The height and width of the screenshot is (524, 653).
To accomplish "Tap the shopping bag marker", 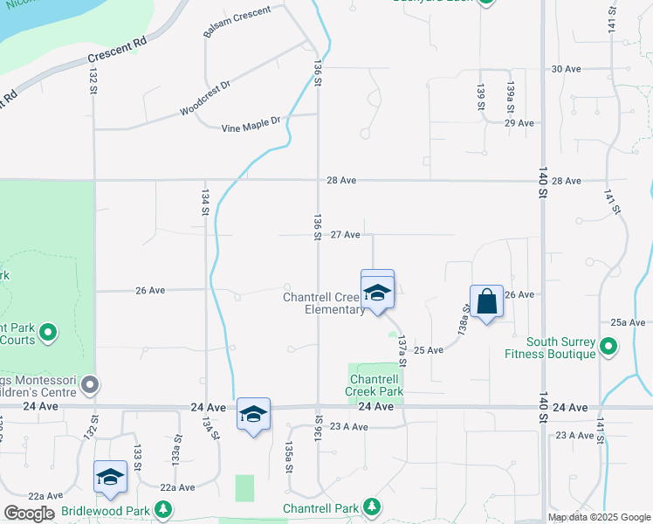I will pyautogui.click(x=486, y=302).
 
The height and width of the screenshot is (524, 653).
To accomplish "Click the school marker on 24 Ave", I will pyautogui.click(x=253, y=415).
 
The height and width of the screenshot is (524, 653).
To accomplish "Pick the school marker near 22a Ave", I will pyautogui.click(x=110, y=477).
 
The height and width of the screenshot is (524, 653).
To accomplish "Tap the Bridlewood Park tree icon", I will pyautogui.click(x=162, y=508).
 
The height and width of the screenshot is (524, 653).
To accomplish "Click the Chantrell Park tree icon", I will pyautogui.click(x=372, y=507).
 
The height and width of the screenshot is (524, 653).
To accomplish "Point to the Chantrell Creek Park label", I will pyautogui.click(x=375, y=385).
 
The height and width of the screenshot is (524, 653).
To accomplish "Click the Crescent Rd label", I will pyautogui.click(x=116, y=53).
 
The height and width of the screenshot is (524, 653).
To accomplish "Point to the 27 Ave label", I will pyautogui.click(x=346, y=235).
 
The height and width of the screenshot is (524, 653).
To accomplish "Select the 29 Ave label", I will pyautogui.click(x=519, y=123).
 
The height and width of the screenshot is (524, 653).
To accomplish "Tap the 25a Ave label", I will pyautogui.click(x=628, y=322).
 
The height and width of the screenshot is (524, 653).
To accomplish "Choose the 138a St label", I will pyautogui.click(x=464, y=321).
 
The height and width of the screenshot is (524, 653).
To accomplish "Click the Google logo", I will pyautogui.click(x=29, y=513).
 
